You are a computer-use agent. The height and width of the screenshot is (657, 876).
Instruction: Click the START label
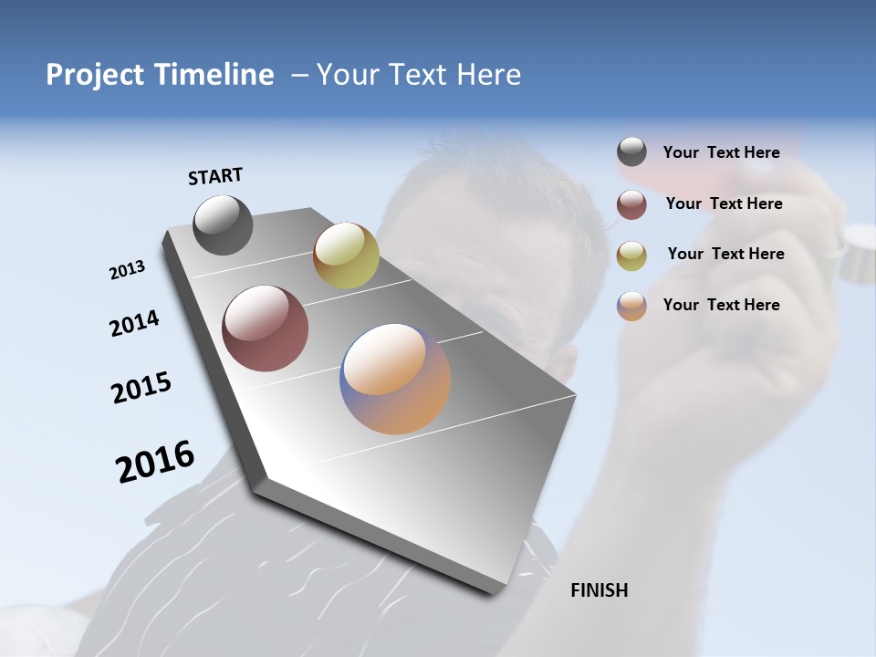[215, 176]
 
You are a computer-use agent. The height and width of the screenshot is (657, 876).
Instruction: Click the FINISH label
[599, 590]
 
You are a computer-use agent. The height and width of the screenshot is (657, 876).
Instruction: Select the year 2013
[127, 270]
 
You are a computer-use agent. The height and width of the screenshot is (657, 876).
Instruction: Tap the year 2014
[134, 323]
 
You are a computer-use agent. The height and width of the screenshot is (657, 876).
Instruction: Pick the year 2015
[141, 388]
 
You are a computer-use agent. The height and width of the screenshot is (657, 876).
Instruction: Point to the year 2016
[155, 462]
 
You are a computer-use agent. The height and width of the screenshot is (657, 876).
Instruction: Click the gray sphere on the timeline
[223, 224]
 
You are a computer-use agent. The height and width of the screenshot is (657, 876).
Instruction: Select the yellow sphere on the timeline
[346, 255]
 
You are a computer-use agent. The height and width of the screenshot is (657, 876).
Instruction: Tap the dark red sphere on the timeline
[265, 328]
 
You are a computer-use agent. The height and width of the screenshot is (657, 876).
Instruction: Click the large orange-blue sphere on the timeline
[395, 379]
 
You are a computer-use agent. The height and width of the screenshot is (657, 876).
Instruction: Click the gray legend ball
[631, 152]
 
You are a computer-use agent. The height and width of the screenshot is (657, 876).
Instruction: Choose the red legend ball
[631, 204]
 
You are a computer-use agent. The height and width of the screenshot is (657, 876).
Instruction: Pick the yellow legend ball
[631, 255]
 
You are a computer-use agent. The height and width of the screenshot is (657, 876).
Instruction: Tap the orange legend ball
[631, 306]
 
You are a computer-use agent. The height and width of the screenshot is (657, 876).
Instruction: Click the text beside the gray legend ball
[721, 152]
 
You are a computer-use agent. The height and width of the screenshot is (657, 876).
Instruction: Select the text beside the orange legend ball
[721, 305]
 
